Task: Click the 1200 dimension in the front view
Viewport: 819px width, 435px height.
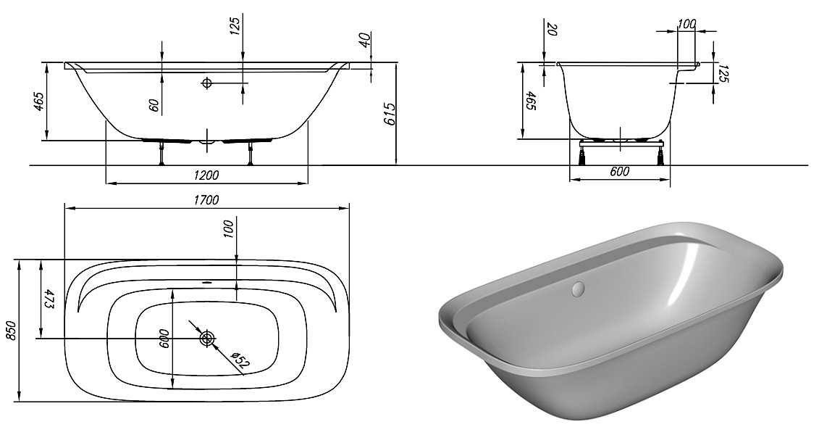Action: pyautogui.click(x=206, y=175)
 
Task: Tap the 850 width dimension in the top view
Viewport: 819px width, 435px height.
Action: pyautogui.click(x=10, y=331)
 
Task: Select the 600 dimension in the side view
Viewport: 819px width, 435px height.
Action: pyautogui.click(x=619, y=172)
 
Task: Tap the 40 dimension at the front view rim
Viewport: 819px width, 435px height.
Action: pyautogui.click(x=364, y=40)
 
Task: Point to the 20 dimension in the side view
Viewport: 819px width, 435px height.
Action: pyautogui.click(x=552, y=30)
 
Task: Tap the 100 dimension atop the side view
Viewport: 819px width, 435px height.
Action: pyautogui.click(x=686, y=23)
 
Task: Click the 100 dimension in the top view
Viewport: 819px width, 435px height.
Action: pyautogui.click(x=229, y=229)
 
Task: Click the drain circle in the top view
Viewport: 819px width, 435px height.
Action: pyautogui.click(x=208, y=338)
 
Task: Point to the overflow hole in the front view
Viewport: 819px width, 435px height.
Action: pyautogui.click(x=207, y=83)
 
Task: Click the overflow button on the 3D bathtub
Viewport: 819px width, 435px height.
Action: pyautogui.click(x=577, y=289)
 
